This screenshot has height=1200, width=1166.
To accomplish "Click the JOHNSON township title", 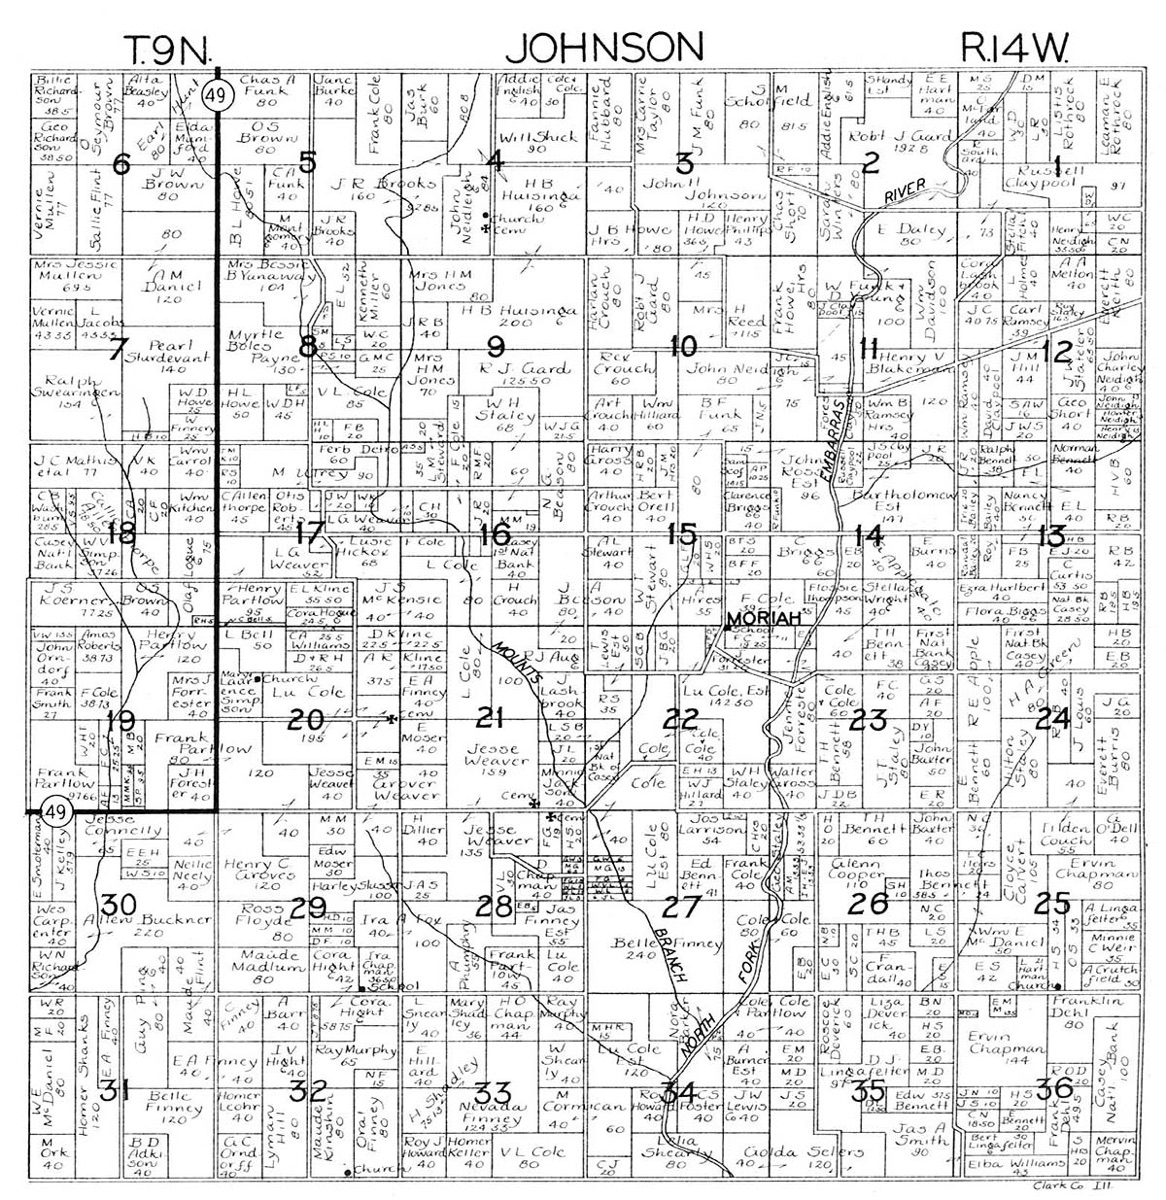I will point(609,47).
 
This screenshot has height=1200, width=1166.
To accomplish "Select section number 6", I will point(121,165).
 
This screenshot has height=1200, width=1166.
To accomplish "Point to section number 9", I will point(494,347).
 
